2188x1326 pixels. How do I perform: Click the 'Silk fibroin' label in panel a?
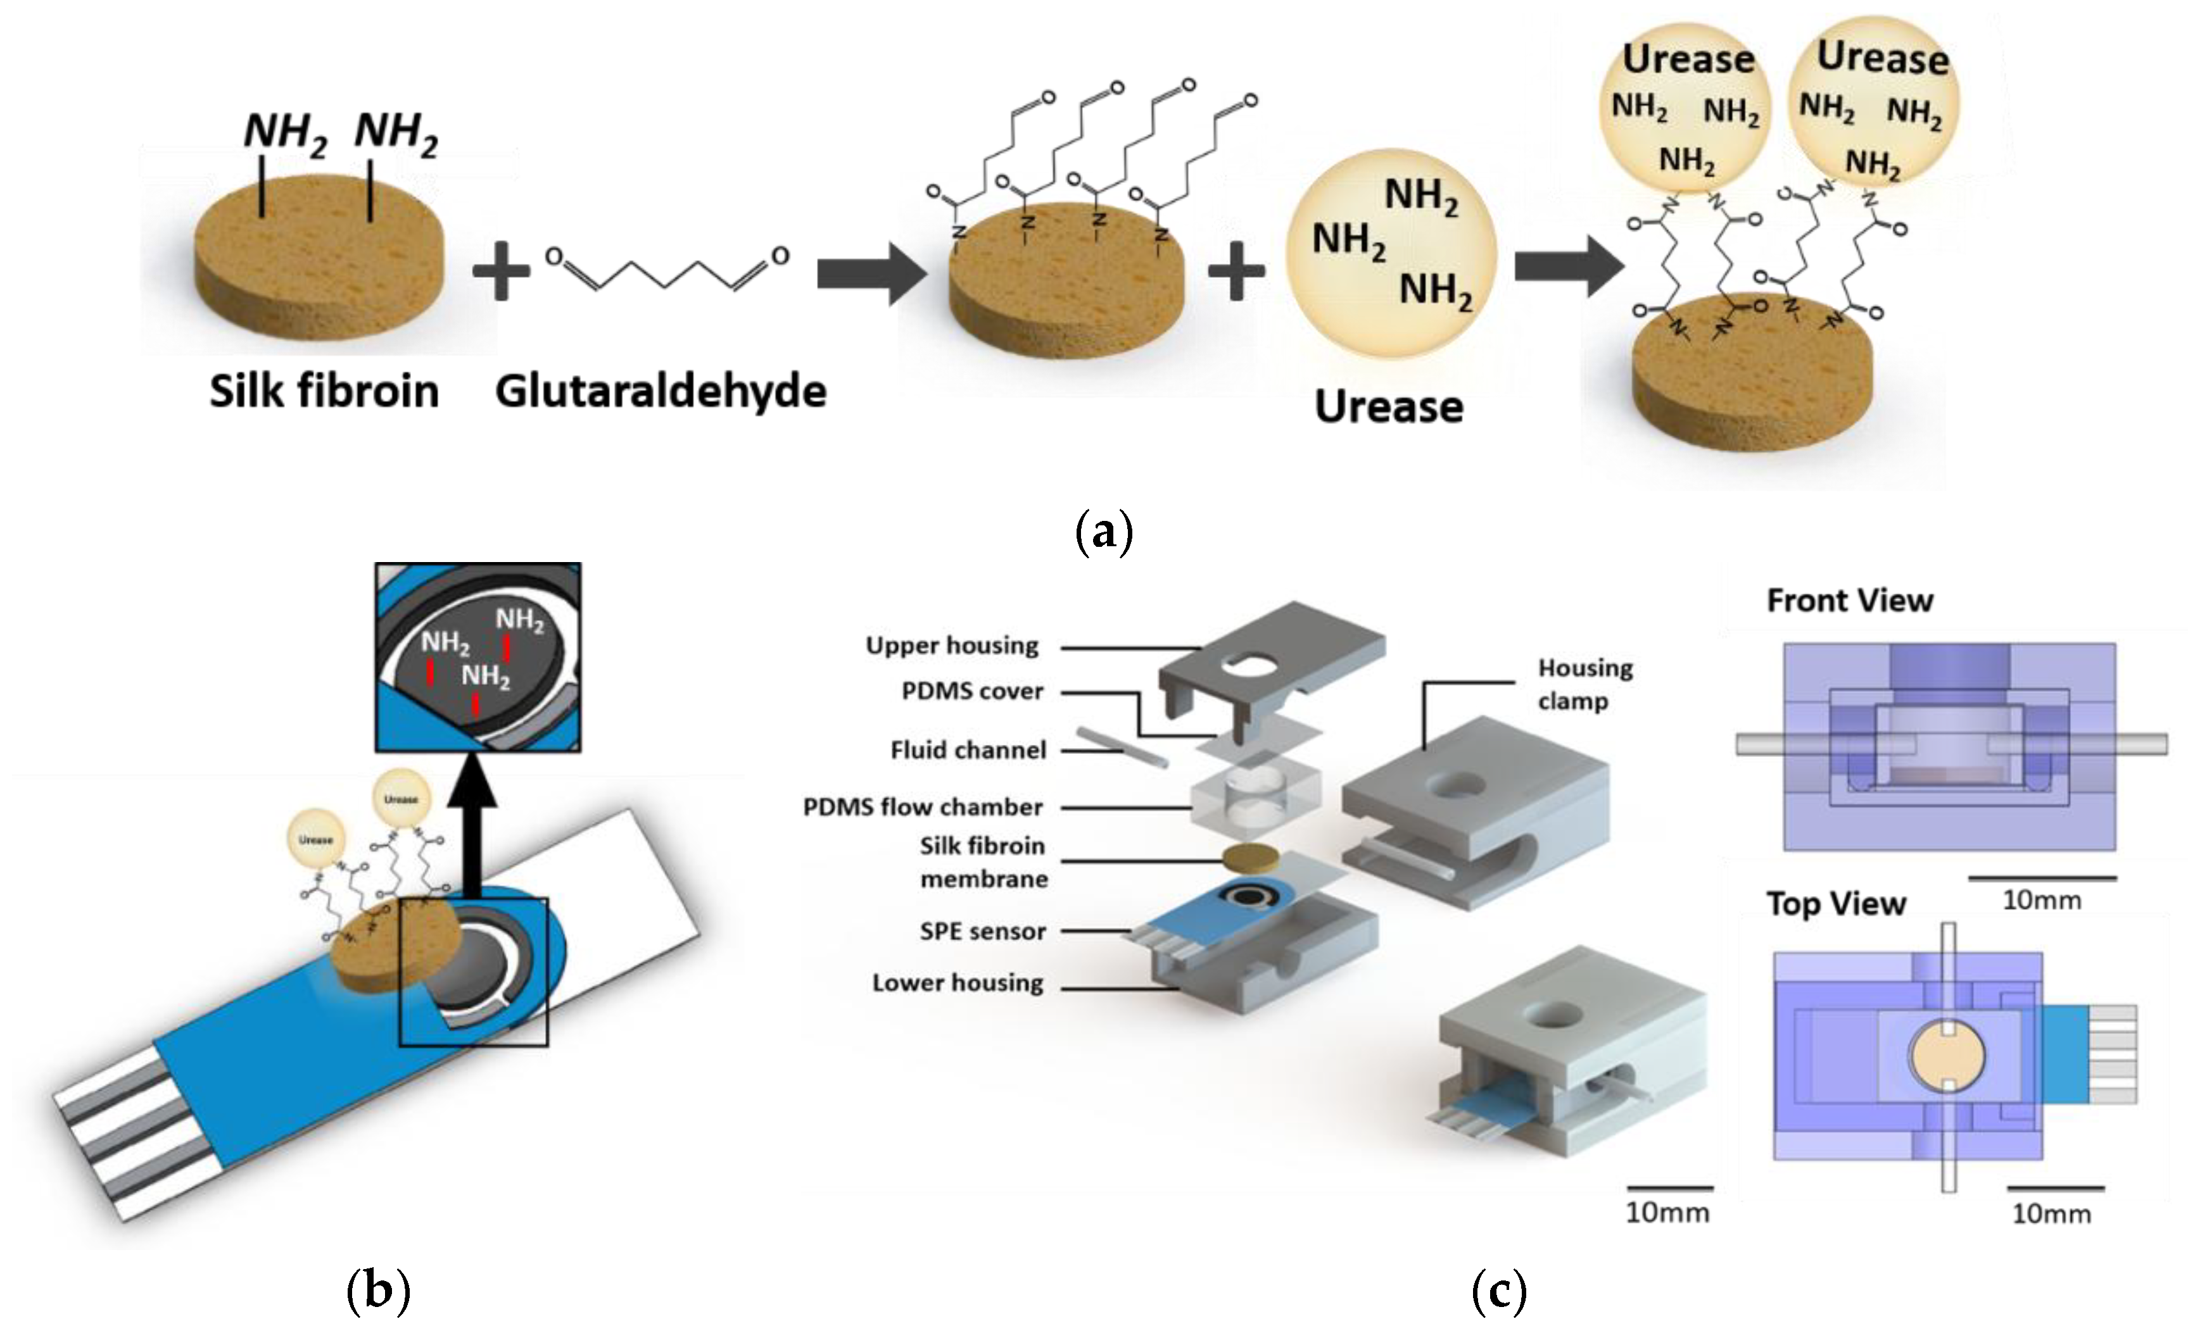pos(324,391)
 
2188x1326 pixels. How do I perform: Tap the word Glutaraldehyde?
pos(661,391)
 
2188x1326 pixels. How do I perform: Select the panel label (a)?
pos(1104,532)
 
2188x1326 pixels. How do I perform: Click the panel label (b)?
pos(378,1291)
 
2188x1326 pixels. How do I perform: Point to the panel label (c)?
pos(1499,1291)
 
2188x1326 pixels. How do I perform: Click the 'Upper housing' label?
pos(952,645)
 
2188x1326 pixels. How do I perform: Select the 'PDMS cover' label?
pos(972,691)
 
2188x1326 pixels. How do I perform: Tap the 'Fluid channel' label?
pos(968,750)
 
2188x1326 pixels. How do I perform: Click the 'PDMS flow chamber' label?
pos(923,807)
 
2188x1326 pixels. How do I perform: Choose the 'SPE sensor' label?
pos(982,931)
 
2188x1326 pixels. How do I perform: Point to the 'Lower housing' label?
pos(958,982)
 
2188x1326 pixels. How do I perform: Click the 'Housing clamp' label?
pos(1585,684)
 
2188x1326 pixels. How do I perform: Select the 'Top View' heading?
pos(1835,904)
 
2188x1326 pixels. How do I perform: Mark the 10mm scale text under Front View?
pos(2042,900)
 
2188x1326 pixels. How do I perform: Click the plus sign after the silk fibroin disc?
pos(501,271)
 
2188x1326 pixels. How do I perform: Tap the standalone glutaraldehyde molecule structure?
pos(666,271)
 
